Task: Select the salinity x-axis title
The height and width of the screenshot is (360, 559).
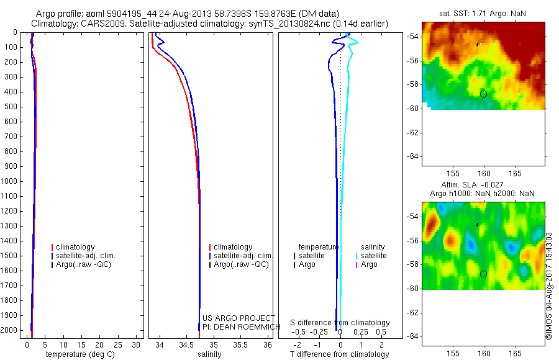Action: (x=209, y=354)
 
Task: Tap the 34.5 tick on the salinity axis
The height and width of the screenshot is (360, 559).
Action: (x=187, y=344)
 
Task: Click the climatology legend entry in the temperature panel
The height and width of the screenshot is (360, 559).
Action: (x=75, y=247)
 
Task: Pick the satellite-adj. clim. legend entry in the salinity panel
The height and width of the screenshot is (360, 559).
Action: (x=243, y=256)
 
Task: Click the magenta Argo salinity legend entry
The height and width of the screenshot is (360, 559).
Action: (x=369, y=264)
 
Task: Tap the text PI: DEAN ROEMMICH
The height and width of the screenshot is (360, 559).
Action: (x=239, y=326)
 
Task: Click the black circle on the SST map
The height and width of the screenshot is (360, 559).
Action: (x=483, y=94)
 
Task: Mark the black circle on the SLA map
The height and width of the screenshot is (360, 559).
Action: (x=483, y=274)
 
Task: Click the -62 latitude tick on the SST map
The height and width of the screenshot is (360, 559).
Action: (x=411, y=132)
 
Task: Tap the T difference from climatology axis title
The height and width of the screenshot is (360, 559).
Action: (x=339, y=354)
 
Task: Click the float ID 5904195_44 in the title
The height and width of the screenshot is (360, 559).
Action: (x=118, y=13)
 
